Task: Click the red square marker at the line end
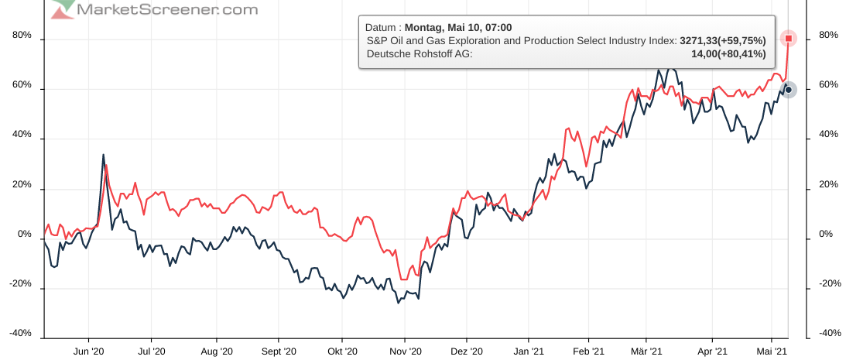(788, 38)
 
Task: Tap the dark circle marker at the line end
(788, 90)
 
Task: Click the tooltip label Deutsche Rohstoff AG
(419, 53)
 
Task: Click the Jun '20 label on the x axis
(89, 351)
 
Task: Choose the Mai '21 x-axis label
(771, 351)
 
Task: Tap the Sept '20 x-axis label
(279, 351)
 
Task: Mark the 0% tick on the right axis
(826, 235)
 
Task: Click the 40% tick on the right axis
(828, 135)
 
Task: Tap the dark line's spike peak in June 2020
(103, 155)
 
